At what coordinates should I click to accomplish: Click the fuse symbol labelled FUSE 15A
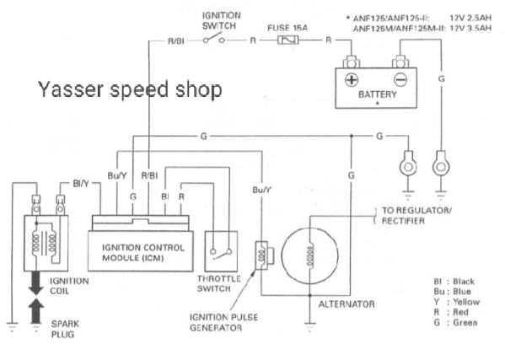pos(288,40)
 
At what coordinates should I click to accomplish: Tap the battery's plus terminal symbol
pos(352,80)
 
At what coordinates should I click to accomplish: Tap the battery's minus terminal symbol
pos(400,80)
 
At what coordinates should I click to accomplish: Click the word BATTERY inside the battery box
pos(378,94)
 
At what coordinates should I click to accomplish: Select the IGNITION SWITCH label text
pos(221,20)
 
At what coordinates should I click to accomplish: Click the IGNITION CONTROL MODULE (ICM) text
pos(143,253)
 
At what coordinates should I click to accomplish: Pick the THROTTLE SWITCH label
pos(219,283)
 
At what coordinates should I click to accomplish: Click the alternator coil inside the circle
pos(309,256)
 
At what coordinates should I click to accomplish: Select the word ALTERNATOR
pos(347,304)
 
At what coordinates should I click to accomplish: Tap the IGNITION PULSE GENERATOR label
pos(224,323)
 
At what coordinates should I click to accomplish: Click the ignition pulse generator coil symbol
pos(262,255)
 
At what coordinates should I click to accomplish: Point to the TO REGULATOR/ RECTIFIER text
pos(416,216)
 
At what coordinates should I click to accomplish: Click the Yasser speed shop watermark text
pos(130,89)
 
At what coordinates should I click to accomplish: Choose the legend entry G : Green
pos(455,322)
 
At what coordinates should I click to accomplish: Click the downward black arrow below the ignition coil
pos(35,283)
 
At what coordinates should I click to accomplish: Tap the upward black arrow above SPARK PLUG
pos(35,311)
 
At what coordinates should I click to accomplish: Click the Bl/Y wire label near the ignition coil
pos(81,184)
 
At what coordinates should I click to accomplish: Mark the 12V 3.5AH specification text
pos(470,28)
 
